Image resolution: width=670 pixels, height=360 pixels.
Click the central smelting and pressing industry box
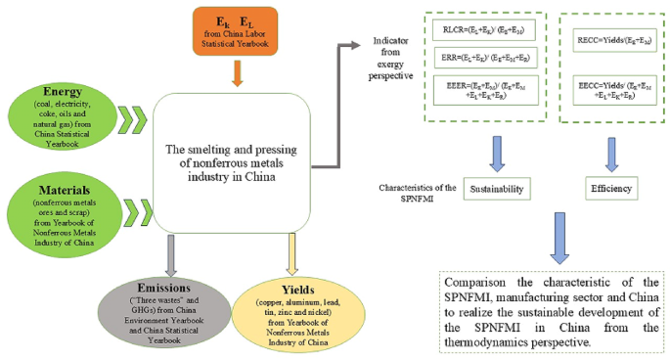click(239, 162)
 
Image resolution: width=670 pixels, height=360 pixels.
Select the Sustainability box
click(495, 186)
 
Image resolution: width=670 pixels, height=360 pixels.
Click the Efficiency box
click(611, 186)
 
